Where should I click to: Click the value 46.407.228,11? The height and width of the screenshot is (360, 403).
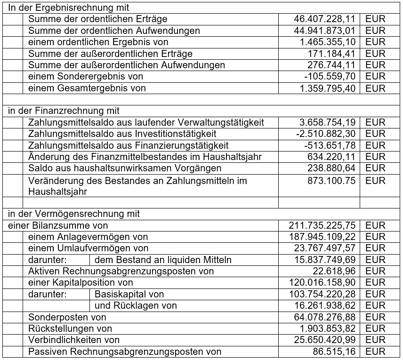(x=325, y=19)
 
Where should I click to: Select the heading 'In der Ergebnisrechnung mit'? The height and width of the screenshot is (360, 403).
(x=69, y=8)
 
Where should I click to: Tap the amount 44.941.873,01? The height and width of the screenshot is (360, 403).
(x=325, y=31)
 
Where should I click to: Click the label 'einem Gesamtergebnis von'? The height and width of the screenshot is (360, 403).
(x=87, y=88)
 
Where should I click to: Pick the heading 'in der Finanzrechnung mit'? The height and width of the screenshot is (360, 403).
(x=64, y=111)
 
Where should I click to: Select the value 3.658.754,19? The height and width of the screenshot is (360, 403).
(x=328, y=122)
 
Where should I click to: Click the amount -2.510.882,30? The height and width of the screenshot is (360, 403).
(x=326, y=134)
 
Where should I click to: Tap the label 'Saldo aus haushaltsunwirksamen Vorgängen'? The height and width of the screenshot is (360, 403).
(x=125, y=168)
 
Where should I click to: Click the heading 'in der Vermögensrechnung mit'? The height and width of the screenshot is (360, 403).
(x=74, y=214)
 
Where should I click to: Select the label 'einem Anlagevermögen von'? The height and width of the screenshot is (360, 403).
(x=88, y=237)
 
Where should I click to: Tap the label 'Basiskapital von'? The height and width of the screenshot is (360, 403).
(x=129, y=294)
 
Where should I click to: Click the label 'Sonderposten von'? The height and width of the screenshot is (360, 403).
(x=67, y=317)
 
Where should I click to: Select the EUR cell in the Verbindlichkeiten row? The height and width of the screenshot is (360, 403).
(x=375, y=340)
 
